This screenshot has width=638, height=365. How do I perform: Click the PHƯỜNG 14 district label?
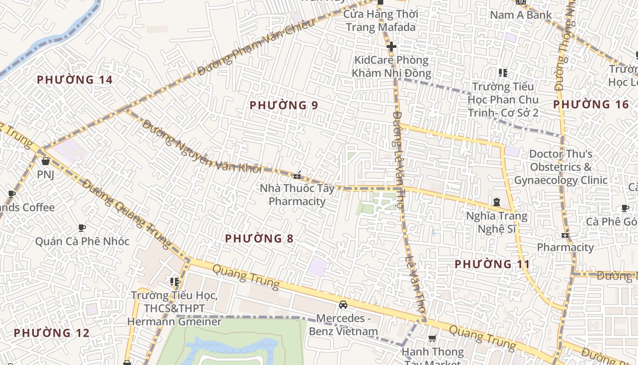[x=74, y=80]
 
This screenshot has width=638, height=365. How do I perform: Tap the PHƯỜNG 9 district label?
[x=283, y=105]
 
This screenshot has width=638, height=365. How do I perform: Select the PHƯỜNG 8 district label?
[x=259, y=238]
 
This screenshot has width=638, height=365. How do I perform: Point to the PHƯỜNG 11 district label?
[x=492, y=264]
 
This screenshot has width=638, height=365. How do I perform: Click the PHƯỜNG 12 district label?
[x=51, y=333]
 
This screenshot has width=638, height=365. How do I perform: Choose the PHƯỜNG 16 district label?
[x=591, y=104]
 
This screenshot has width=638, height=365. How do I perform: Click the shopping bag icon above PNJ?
[x=45, y=161]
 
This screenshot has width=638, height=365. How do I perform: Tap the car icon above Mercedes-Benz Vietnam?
[x=343, y=304]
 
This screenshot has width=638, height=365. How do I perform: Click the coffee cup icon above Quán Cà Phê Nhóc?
[x=82, y=228]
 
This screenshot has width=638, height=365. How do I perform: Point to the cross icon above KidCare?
[x=391, y=47]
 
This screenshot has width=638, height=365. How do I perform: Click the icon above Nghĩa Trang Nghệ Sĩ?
[x=496, y=202]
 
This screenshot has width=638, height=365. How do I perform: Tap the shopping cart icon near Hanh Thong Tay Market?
[x=432, y=339]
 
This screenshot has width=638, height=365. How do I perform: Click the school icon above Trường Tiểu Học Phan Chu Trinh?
[x=503, y=73]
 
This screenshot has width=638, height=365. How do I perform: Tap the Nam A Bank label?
[x=520, y=15]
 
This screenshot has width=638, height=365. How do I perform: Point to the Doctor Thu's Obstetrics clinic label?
[x=561, y=167]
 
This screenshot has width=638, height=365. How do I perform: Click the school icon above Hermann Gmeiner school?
[x=174, y=282]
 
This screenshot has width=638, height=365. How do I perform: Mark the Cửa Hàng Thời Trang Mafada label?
[x=381, y=21]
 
